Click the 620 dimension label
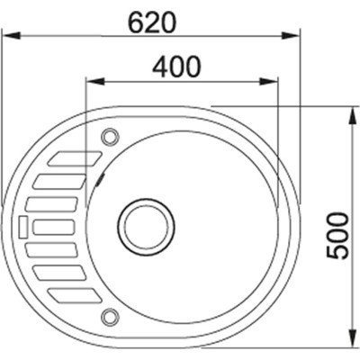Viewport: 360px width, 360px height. [x=151, y=22]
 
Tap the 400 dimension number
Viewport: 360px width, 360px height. [x=175, y=67]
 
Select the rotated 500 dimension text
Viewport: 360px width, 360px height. [x=338, y=236]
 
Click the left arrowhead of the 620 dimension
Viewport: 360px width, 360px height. [x=12, y=35]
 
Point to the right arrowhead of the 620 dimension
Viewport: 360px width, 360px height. [x=291, y=35]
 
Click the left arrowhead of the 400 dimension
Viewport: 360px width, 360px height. [x=95, y=81]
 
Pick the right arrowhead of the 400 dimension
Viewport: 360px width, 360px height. [x=269, y=81]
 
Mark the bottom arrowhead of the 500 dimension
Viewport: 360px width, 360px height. [x=352, y=337]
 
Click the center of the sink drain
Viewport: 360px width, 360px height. [x=146, y=227]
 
